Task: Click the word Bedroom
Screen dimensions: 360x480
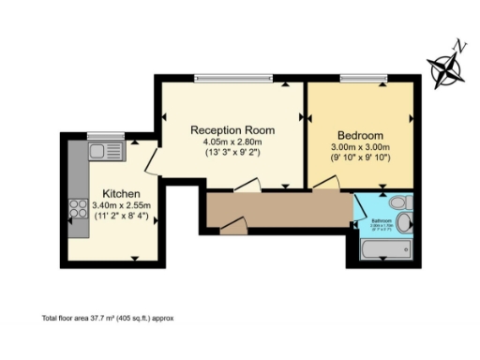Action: pyautogui.click(x=358, y=133)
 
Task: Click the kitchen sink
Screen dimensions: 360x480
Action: pyautogui.click(x=105, y=151)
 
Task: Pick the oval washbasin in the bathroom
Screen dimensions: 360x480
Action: pyautogui.click(x=404, y=222)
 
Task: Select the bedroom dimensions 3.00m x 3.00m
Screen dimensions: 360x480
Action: pyautogui.click(x=358, y=146)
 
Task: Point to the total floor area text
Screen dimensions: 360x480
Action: pyautogui.click(x=108, y=318)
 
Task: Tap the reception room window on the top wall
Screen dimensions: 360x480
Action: pyautogui.click(x=233, y=79)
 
